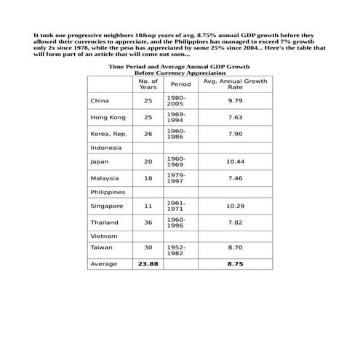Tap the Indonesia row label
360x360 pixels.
point(106,148)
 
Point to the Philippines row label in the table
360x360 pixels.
point(108,193)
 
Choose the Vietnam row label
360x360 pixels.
point(103,237)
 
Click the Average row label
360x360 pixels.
point(103,264)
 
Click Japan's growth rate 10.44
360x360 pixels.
point(235,161)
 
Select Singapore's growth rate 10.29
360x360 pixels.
point(235,207)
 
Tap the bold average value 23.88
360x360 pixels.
point(148,264)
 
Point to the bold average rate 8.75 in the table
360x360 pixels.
point(235,264)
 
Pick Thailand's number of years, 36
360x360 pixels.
point(148,223)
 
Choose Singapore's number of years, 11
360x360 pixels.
point(148,207)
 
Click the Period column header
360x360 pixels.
point(180,84)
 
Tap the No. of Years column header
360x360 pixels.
point(148,84)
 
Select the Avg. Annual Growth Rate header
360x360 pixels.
point(235,84)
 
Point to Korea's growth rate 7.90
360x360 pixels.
point(235,134)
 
